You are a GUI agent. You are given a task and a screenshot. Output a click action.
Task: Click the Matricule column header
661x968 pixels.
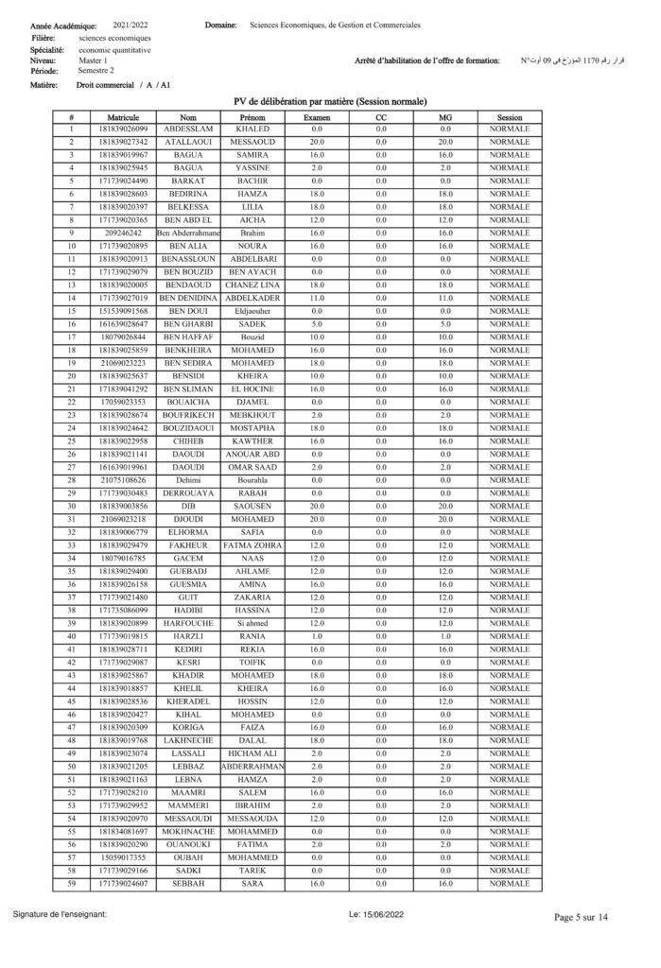pyautogui.click(x=124, y=117)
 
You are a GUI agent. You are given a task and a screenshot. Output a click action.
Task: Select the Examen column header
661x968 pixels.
pyautogui.click(x=317, y=117)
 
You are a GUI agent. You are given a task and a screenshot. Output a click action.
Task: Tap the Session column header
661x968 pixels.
pyautogui.click(x=509, y=117)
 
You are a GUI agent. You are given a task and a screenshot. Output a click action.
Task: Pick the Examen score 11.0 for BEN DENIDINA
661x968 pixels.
pyautogui.click(x=317, y=298)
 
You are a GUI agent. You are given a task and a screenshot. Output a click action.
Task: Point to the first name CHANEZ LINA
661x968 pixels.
pyautogui.click(x=252, y=285)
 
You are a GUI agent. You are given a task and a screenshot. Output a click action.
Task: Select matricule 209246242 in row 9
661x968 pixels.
pyautogui.click(x=124, y=233)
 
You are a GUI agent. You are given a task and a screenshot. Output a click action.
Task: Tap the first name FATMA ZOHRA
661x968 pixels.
pyautogui.click(x=252, y=544)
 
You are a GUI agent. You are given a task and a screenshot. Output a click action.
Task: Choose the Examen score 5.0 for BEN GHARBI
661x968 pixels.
pyautogui.click(x=317, y=323)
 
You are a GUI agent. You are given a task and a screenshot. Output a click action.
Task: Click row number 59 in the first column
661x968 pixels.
pyautogui.click(x=71, y=883)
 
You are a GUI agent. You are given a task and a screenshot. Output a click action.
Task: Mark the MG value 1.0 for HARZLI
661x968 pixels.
pyautogui.click(x=445, y=635)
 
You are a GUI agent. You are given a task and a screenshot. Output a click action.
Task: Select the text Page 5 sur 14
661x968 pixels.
pyautogui.click(x=581, y=917)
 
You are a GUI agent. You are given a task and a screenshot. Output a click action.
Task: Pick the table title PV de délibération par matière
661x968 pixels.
pyautogui.click(x=330, y=101)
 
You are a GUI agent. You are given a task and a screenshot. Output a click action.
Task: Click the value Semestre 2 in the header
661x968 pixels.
pyautogui.click(x=96, y=71)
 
